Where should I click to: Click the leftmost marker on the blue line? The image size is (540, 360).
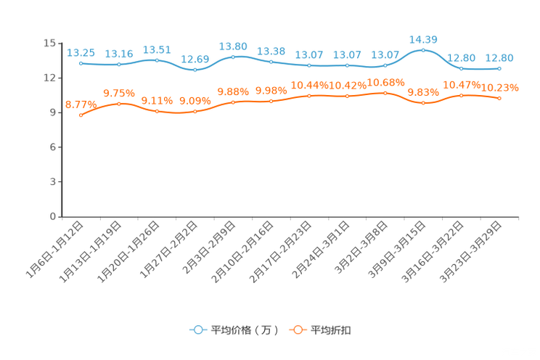[x=81, y=63]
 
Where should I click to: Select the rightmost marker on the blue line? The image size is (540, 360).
[x=499, y=69]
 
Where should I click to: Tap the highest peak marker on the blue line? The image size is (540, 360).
[x=423, y=50]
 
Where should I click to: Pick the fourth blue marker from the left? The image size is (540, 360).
[x=195, y=70]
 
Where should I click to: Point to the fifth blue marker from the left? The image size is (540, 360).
[x=233, y=56]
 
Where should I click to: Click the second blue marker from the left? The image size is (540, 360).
[x=119, y=65]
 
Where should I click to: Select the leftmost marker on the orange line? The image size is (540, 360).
[x=81, y=115]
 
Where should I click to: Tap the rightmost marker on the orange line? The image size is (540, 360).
[x=499, y=98]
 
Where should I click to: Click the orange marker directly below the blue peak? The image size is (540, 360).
[x=423, y=104]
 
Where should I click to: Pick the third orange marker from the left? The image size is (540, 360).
[x=157, y=111]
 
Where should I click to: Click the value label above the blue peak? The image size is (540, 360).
[x=423, y=38]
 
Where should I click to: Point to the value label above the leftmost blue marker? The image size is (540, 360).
[x=81, y=52]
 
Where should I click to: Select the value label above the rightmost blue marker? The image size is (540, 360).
[x=499, y=58]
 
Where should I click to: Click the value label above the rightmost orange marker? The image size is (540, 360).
[x=501, y=87]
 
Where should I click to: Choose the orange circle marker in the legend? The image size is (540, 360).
[x=297, y=330]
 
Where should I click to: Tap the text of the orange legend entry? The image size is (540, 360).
[x=332, y=330]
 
